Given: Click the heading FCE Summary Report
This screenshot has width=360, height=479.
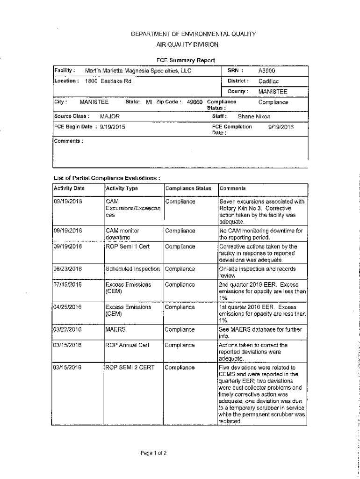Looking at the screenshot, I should (x=186, y=60).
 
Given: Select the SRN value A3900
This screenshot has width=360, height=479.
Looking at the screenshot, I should (x=267, y=71).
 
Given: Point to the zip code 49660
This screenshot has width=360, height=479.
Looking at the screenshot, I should (x=195, y=102).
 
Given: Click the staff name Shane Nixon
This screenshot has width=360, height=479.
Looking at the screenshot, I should (x=254, y=116).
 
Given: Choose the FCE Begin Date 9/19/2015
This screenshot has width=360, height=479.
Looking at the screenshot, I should (x=113, y=127).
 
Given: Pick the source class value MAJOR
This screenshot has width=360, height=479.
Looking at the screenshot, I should (x=110, y=116).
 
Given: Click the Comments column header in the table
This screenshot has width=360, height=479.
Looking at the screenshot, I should (x=232, y=189).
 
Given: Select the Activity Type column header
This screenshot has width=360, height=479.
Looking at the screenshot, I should (x=122, y=189).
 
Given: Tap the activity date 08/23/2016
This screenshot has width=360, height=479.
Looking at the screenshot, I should (x=68, y=269).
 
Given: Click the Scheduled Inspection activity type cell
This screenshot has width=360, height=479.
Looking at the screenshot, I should (x=133, y=269).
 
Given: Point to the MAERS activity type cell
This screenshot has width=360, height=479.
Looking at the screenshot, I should (x=115, y=330).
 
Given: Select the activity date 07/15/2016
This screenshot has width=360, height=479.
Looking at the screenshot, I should (x=68, y=284).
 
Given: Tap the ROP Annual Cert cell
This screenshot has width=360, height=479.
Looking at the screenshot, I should (x=128, y=345).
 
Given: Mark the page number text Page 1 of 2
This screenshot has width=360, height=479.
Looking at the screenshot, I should (x=153, y=453).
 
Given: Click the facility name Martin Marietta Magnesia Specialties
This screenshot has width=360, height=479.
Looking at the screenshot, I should (x=138, y=71).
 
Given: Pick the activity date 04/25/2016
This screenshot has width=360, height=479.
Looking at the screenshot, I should (x=68, y=307).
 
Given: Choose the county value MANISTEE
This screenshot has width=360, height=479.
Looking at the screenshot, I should (x=273, y=92).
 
